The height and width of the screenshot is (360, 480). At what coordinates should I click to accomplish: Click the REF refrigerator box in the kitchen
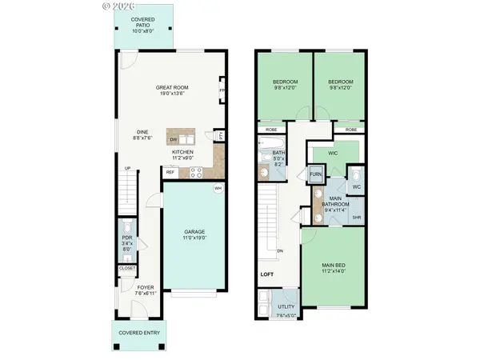click(170, 172)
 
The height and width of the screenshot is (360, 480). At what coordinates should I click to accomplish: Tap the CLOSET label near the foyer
click(128, 269)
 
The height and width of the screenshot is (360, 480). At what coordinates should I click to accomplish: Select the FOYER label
click(145, 287)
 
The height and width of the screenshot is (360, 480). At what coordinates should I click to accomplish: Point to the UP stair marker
click(127, 168)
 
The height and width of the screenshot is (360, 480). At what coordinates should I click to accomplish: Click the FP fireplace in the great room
click(222, 90)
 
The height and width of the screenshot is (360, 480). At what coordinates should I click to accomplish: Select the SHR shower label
click(357, 217)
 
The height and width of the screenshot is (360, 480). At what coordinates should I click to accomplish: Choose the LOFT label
click(267, 275)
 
